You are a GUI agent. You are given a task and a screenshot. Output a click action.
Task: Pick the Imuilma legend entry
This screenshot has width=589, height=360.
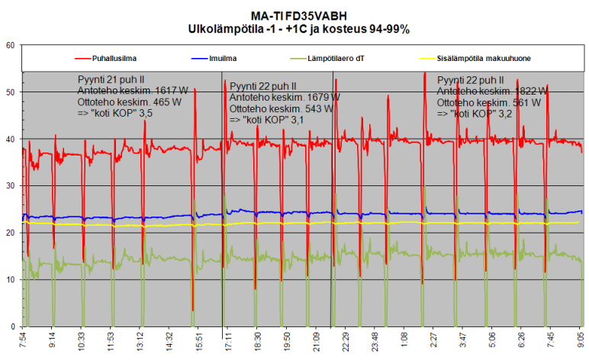point(224,57)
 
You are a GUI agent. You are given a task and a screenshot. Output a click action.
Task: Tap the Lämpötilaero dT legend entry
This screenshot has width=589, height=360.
point(334,57)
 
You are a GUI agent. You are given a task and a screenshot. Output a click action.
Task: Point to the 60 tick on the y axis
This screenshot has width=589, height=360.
point(11,45)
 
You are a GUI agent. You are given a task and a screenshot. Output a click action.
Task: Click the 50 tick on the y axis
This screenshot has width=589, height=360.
point(11,92)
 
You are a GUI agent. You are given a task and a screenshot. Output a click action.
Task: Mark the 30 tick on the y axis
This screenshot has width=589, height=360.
point(11,186)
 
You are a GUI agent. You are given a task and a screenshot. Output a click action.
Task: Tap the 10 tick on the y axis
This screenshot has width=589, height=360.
point(11,280)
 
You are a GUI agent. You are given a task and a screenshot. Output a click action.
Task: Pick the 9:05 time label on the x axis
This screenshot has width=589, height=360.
point(579,341)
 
